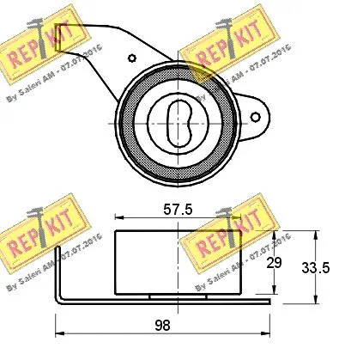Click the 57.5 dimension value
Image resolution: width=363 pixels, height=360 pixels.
[178, 209]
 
